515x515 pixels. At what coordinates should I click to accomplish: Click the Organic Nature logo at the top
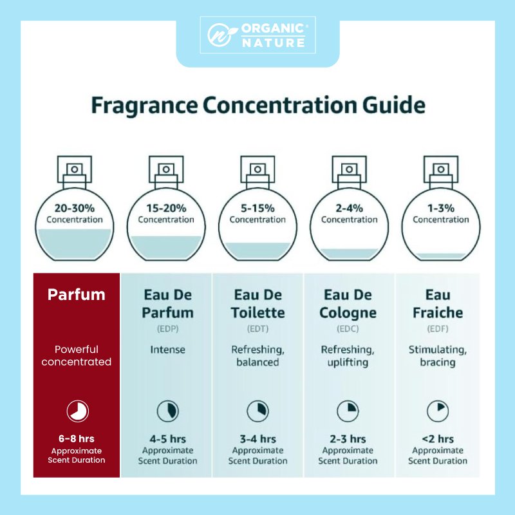(x=257, y=35)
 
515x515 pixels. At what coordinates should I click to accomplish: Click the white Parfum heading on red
(x=77, y=295)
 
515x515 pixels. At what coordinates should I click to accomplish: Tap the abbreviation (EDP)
(x=168, y=328)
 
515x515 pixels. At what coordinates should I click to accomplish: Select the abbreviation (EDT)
(x=258, y=328)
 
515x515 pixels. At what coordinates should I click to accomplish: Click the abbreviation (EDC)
(x=348, y=328)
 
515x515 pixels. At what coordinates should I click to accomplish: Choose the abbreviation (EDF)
(x=438, y=328)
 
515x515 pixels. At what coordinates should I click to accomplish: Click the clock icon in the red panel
(x=77, y=411)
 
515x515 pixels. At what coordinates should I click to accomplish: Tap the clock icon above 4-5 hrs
(x=168, y=411)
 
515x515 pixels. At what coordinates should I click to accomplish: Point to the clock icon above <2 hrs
(x=438, y=411)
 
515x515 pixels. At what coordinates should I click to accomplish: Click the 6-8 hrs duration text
(x=77, y=439)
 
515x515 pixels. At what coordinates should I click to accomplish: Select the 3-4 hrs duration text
(x=258, y=439)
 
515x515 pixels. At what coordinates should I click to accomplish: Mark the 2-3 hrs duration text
(x=348, y=439)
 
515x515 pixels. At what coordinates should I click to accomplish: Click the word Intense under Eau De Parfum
(x=168, y=350)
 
